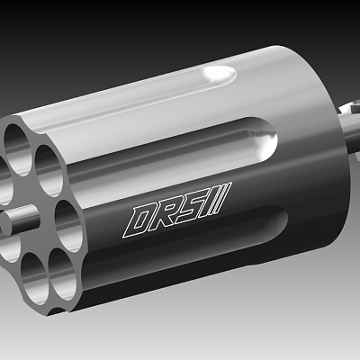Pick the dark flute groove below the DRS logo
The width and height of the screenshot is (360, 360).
[180, 261]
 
